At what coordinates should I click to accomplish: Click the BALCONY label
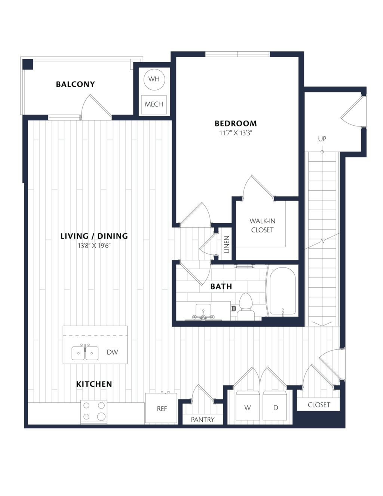[75, 84]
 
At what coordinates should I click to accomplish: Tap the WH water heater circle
[154, 79]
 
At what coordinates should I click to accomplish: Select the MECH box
[154, 104]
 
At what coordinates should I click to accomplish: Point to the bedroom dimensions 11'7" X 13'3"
[236, 133]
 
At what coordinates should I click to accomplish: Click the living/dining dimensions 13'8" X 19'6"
[94, 246]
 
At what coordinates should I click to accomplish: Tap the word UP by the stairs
[322, 139]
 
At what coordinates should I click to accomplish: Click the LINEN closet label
[227, 245]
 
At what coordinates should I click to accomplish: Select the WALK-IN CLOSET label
[262, 225]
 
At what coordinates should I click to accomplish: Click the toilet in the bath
[245, 306]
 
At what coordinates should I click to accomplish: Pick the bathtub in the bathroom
[283, 291]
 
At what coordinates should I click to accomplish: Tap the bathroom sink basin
[203, 309]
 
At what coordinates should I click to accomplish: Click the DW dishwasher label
[112, 352]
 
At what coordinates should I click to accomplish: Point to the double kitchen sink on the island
[85, 353]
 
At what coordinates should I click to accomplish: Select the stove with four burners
[94, 412]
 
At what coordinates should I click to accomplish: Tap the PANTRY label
[203, 420]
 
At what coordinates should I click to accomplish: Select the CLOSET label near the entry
[319, 405]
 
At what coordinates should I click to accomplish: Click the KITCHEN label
[94, 384]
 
